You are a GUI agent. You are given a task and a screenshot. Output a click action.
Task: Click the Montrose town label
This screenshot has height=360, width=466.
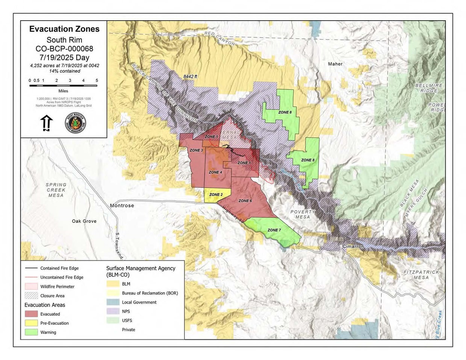click(122, 206)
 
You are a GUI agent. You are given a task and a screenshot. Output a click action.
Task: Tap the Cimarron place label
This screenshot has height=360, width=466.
click(353, 247)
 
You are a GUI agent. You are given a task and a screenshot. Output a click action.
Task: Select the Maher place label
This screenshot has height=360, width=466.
click(335, 64)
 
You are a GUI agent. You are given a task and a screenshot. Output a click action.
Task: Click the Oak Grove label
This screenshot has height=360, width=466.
click(84, 221)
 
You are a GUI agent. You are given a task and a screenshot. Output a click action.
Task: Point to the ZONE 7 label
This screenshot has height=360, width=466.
click(274, 230)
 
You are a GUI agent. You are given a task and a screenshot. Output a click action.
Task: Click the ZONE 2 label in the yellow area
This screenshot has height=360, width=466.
click(216, 195)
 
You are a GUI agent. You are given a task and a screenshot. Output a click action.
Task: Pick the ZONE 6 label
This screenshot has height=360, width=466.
click(245, 201)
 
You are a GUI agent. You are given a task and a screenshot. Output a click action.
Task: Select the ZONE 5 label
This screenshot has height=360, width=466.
click(212, 137)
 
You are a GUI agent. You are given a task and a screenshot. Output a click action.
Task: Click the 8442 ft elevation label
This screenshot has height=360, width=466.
click(190, 76)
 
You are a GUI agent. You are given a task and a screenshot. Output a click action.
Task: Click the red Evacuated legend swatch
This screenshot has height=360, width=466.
click(31, 314)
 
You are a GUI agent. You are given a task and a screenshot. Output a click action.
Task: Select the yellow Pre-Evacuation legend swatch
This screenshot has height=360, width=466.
click(31, 323)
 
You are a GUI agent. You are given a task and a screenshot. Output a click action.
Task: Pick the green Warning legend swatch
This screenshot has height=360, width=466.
click(31, 332)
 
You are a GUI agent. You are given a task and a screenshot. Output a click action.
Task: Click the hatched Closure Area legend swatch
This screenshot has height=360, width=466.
click(31, 295)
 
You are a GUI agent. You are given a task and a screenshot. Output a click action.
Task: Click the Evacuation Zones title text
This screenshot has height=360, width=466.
click(64, 29)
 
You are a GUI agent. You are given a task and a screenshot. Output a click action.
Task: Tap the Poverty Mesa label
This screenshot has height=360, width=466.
click(303, 214)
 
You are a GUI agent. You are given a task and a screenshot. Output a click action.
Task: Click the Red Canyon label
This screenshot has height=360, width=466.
click(220, 38)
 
